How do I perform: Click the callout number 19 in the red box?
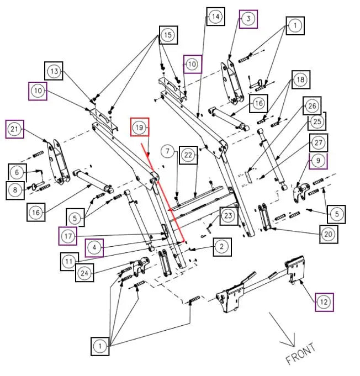[x=140, y=127]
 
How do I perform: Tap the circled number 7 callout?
[x=167, y=151]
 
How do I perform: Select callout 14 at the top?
[x=215, y=17]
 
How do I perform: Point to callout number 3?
[x=248, y=19]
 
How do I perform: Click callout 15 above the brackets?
[x=168, y=35]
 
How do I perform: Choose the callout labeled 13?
[x=54, y=71]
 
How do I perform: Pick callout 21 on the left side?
[x=14, y=129]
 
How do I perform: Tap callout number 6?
[x=17, y=172]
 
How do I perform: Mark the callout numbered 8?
[x=15, y=190]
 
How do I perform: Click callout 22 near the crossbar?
[x=188, y=155]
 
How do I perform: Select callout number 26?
[x=312, y=106]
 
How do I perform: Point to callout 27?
[x=318, y=143]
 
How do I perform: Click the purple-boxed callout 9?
[x=318, y=161]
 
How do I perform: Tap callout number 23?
[x=229, y=216]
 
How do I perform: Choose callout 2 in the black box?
[x=222, y=247]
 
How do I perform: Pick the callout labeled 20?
[x=329, y=234]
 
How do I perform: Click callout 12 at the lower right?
[x=324, y=302]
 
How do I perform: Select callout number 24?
[x=84, y=273]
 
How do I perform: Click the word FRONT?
[x=300, y=353]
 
